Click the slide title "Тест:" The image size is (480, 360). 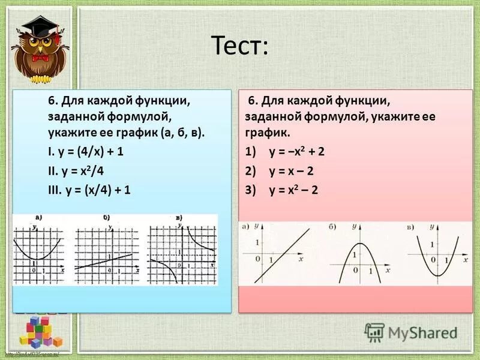click(239, 47)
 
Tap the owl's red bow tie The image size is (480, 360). click(41, 58)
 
